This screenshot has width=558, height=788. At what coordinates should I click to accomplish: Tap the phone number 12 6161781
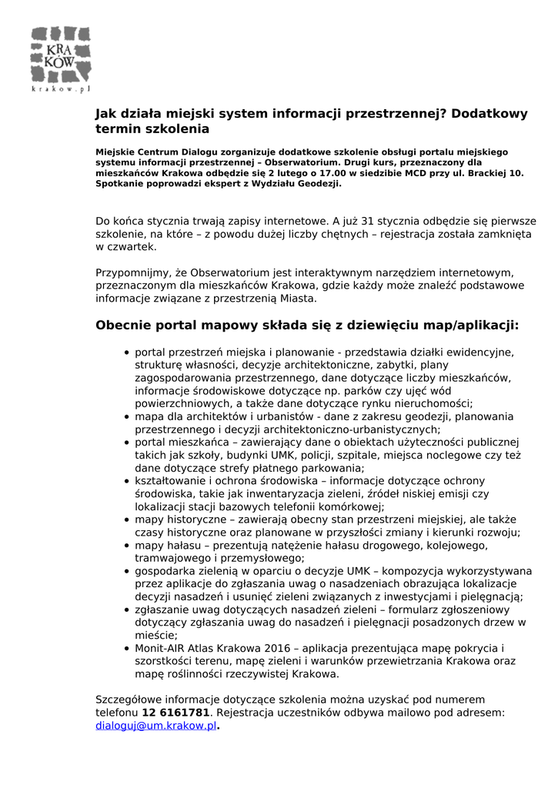click(x=175, y=713)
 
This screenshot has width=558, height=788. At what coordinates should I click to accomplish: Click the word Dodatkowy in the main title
click(x=490, y=114)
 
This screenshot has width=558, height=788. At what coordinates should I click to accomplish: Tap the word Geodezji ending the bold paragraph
click(x=317, y=184)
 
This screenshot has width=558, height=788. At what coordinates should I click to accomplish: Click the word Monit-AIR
click(x=159, y=648)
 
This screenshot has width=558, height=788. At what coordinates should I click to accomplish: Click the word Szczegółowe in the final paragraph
click(x=129, y=700)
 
